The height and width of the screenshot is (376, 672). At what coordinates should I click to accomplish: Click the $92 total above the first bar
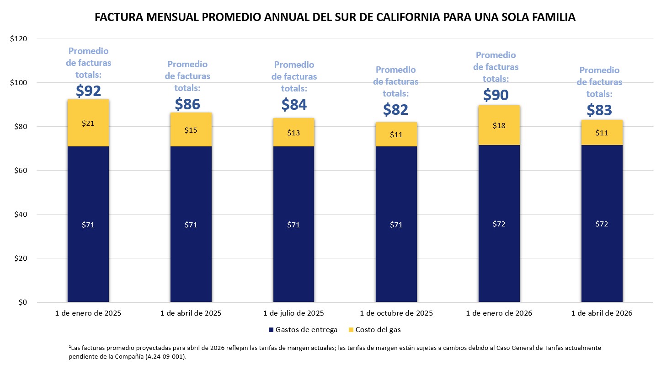tap(88, 91)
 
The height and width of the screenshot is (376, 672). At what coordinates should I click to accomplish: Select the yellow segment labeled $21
tap(88, 123)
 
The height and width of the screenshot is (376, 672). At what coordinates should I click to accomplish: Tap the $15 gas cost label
tap(191, 130)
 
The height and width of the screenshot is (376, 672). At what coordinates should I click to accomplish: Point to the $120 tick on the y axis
tap(19, 39)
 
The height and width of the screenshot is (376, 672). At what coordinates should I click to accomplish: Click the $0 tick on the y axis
tap(21, 302)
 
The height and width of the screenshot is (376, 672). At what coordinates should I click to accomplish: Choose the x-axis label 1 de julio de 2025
tap(293, 313)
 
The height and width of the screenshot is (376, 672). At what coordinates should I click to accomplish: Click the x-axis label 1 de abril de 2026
tap(602, 313)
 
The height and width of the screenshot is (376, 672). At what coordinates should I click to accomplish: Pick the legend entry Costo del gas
tap(378, 330)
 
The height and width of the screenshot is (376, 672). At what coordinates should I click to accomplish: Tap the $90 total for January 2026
tap(496, 95)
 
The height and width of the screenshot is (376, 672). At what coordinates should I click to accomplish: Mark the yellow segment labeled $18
tap(499, 125)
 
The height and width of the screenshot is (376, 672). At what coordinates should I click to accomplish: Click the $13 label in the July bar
tap(293, 133)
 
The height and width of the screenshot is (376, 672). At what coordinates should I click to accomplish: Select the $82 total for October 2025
tap(395, 109)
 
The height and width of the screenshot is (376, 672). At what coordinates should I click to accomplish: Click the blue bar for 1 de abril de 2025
tap(191, 224)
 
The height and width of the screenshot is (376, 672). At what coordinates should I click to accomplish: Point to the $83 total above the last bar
tap(599, 110)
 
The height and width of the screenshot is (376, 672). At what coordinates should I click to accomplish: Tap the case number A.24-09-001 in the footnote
tap(167, 357)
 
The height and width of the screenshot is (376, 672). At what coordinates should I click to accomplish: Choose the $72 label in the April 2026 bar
tap(602, 224)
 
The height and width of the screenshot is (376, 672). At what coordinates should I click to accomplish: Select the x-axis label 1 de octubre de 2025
tap(396, 313)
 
